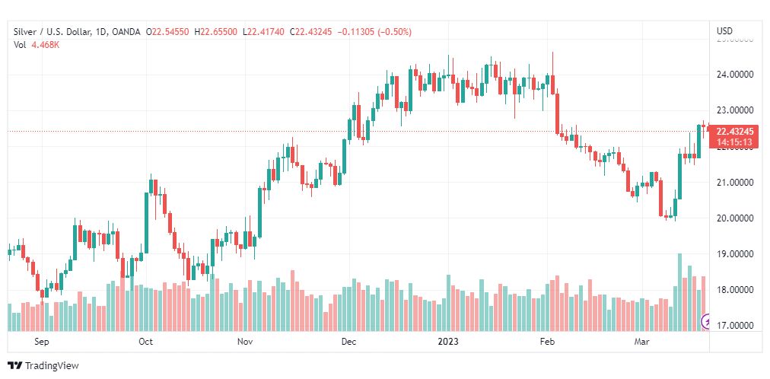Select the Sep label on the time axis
tap(42, 342)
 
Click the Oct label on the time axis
tap(145, 342)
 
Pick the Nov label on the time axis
tap(245, 342)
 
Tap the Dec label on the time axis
tap(348, 342)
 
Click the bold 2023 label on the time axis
tap(448, 342)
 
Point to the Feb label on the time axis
tap(548, 342)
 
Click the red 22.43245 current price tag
tap(734, 131)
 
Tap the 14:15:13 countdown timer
tap(734, 142)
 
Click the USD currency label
tap(724, 31)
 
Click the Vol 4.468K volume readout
tap(36, 44)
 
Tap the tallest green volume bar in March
tap(679, 292)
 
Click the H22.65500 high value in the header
tap(216, 31)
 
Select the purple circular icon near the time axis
tap(705, 321)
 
